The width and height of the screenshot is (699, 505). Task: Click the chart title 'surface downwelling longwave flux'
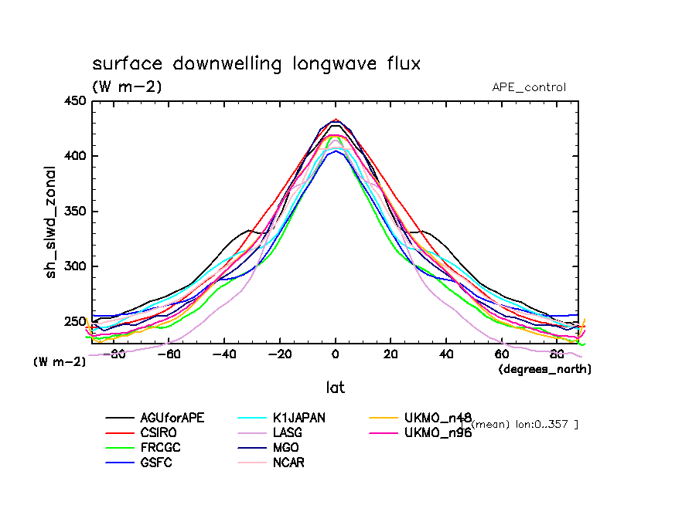(256, 63)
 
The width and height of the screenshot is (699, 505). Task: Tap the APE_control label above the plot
(529, 87)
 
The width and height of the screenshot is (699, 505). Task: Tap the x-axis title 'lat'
(334, 387)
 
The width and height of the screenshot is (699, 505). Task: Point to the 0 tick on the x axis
(335, 354)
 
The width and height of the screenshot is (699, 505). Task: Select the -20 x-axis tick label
(278, 354)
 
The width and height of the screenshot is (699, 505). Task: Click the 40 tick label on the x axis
(446, 354)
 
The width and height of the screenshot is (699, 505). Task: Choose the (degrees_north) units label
(544, 369)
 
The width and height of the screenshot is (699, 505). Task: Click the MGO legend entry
(285, 447)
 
